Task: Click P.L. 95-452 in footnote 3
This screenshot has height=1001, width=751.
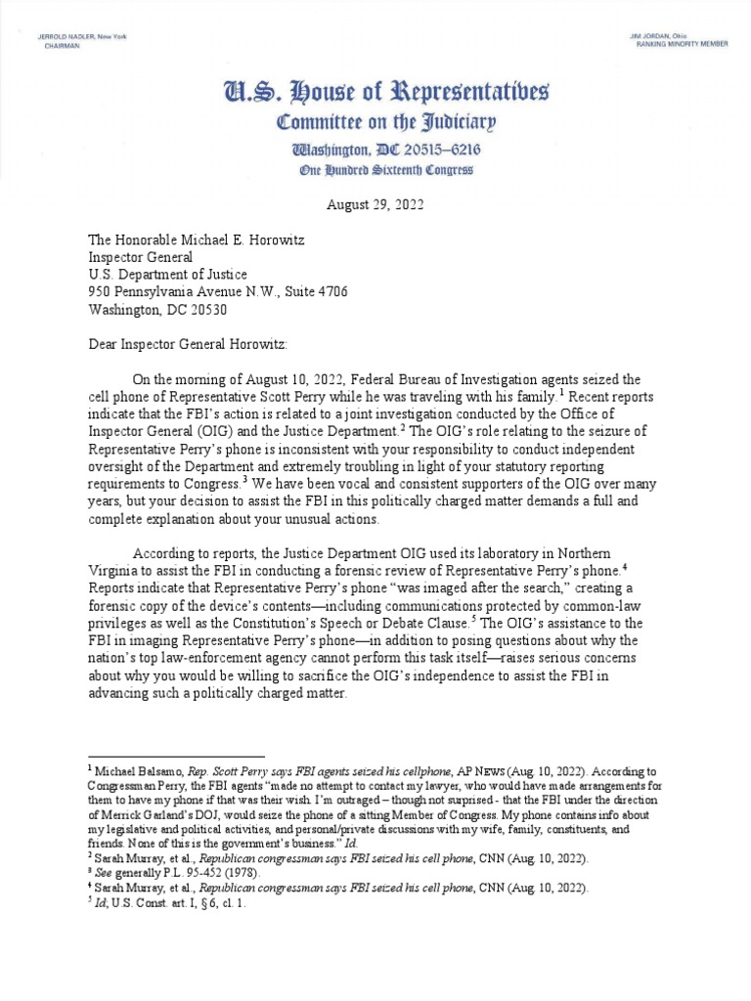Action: [x=186, y=873]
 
